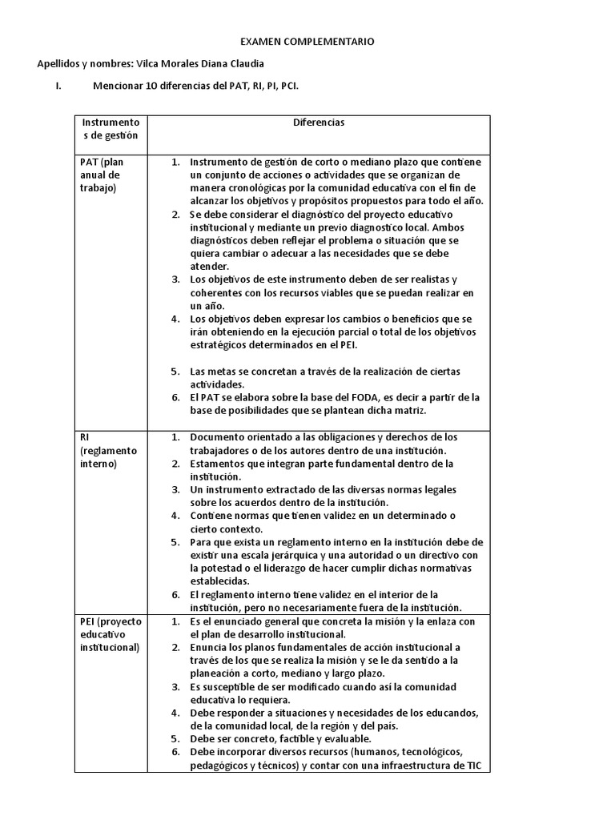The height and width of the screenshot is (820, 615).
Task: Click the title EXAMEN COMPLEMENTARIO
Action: click(x=307, y=41)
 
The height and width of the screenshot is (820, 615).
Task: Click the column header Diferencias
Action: click(x=318, y=123)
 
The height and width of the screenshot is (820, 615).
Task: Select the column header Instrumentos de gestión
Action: click(x=110, y=129)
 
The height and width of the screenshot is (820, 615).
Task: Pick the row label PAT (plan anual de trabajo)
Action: click(x=101, y=175)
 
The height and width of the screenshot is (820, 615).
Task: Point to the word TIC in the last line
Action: click(x=472, y=766)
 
